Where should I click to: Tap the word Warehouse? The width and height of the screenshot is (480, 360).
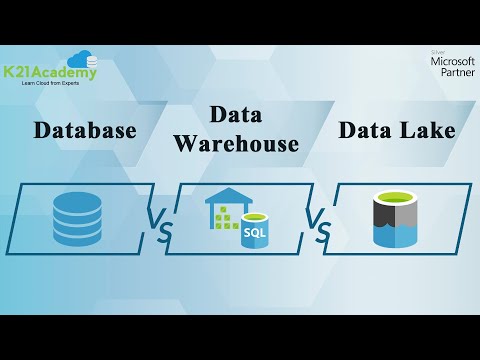pos(236,144)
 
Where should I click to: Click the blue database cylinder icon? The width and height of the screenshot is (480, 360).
pos(77,219)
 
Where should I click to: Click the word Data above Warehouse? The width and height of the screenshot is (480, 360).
pos(236,115)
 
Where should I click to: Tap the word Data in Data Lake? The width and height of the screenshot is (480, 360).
pos(366,130)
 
